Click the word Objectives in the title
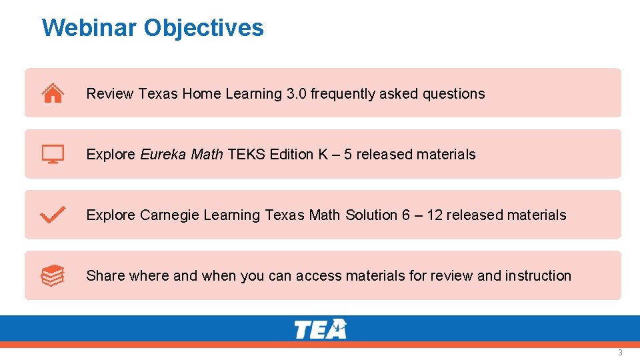203,28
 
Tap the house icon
53,93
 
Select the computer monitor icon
53,154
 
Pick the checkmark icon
53,215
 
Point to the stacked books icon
53,275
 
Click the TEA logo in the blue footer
320,329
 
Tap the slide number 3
620,352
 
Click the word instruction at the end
538,276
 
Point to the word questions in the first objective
454,94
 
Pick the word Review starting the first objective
110,94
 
